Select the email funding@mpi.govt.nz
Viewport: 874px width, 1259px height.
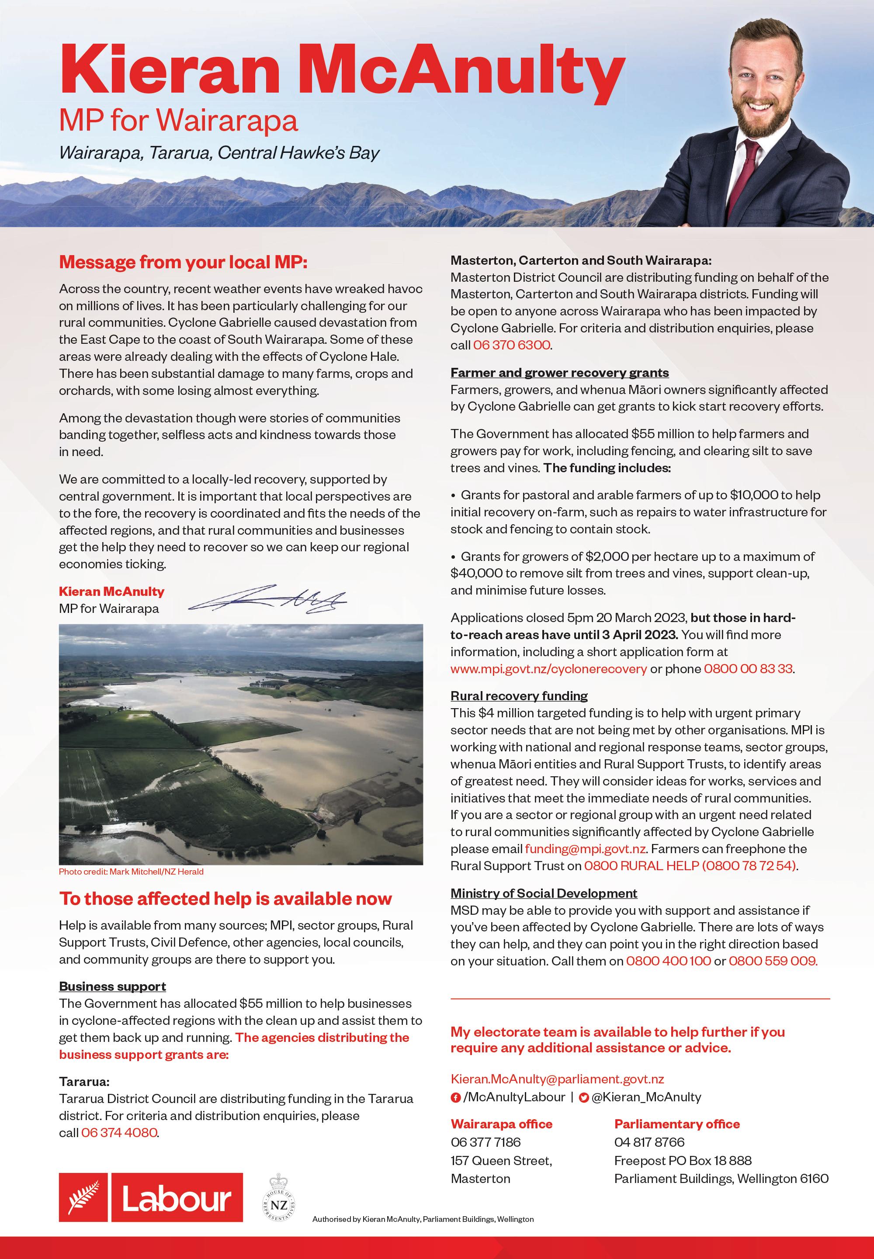click(585, 849)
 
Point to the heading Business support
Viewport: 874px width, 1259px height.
click(112, 986)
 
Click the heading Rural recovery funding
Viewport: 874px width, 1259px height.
click(519, 696)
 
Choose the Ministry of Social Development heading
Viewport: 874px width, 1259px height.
click(543, 893)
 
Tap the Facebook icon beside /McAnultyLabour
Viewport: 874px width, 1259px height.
click(455, 1097)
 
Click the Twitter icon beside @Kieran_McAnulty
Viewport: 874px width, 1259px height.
click(584, 1097)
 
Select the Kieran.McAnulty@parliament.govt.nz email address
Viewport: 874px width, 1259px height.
click(557, 1079)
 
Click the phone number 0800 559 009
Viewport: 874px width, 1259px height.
click(772, 961)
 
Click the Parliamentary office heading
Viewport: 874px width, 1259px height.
click(676, 1124)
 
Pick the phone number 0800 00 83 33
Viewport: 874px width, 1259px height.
click(748, 669)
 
